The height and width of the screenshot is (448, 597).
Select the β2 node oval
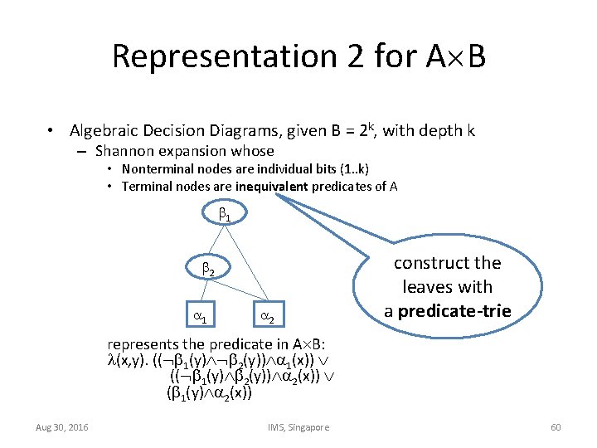tap(208, 270)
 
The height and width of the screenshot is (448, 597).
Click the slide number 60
tap(556, 427)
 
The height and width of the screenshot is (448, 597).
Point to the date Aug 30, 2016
tap(63, 427)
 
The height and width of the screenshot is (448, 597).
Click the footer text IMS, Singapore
tap(298, 427)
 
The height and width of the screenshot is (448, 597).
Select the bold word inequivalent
tap(271, 186)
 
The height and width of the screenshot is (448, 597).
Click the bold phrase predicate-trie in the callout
tap(454, 311)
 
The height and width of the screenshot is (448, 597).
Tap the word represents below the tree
tap(142, 343)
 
